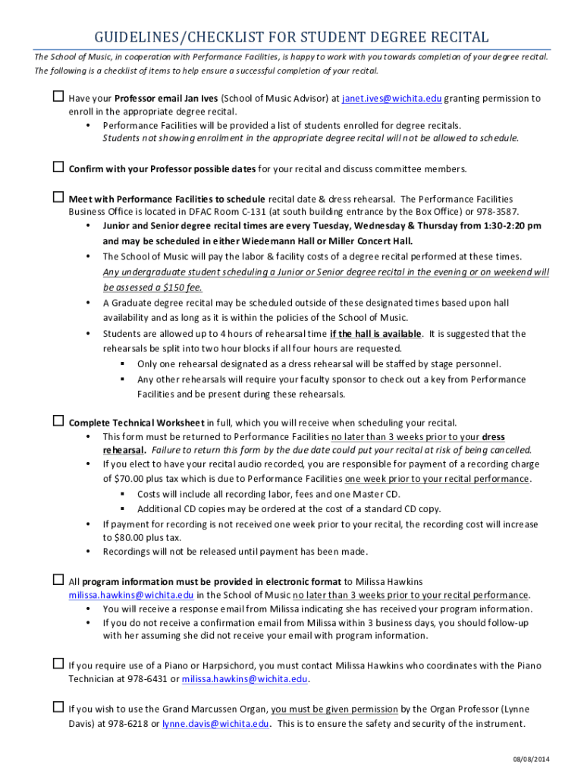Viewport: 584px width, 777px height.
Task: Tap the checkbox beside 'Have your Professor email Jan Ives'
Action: click(58, 97)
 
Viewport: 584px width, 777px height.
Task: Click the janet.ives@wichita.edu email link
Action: click(391, 99)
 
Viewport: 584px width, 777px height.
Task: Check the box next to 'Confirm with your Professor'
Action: click(58, 167)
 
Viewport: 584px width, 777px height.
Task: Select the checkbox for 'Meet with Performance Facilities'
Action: click(58, 198)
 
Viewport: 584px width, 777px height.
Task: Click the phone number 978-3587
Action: click(498, 212)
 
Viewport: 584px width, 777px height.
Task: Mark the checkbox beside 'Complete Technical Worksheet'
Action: click(58, 421)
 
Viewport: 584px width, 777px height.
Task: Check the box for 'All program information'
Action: click(58, 580)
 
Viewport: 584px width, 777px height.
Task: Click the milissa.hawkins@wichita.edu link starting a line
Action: click(131, 596)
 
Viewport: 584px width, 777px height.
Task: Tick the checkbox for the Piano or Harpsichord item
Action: click(58, 664)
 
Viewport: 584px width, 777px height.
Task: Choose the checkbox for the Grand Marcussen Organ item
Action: click(58, 708)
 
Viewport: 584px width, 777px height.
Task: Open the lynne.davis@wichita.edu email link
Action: click(215, 724)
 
